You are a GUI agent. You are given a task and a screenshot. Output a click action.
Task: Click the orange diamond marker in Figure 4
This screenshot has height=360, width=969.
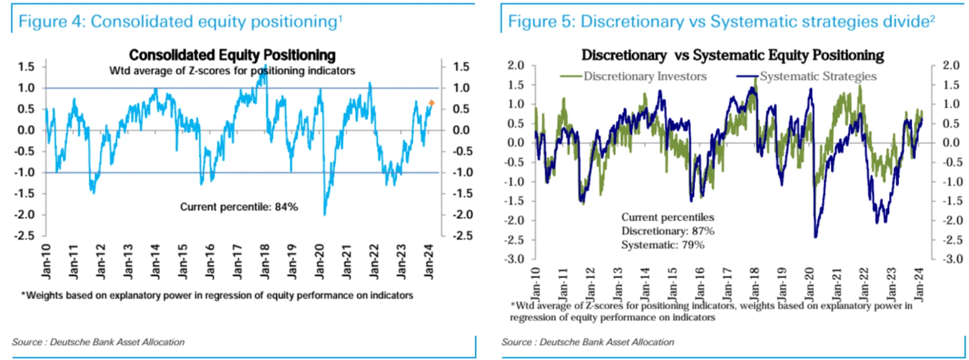pos(431,103)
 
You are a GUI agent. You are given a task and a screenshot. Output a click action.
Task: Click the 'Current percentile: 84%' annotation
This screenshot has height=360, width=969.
pos(239,207)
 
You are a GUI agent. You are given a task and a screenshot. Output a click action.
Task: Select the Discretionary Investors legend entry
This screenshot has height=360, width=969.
pos(645,76)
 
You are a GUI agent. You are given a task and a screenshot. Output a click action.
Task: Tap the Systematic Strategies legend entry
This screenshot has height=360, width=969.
pos(818,76)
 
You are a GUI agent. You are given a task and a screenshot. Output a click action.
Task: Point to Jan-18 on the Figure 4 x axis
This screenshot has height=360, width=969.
pos(265,261)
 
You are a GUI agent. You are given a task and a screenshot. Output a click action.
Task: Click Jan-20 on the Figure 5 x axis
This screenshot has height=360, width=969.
pos(809,284)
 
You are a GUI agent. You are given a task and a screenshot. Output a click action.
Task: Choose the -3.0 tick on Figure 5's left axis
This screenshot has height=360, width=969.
pos(514,259)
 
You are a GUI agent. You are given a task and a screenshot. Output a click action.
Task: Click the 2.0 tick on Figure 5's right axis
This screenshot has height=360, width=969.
pos(951,65)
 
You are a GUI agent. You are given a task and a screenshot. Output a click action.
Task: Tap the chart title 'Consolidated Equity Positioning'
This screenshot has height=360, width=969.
pos(232,55)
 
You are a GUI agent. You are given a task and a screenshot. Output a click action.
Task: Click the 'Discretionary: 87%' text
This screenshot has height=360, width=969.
pos(668,231)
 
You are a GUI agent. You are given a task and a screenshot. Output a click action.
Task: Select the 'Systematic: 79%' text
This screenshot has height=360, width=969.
pos(663,245)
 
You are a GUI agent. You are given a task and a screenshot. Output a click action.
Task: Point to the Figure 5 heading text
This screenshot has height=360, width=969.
pos(721,21)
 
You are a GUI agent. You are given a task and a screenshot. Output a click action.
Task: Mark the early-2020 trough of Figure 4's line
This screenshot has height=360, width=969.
pos(324,214)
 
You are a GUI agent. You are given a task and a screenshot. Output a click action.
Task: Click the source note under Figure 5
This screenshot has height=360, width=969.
pos(588,342)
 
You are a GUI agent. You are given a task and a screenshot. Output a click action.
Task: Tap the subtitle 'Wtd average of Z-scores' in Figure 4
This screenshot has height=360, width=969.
pos(232,71)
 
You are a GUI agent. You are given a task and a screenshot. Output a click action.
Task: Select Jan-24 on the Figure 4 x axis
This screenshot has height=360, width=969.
pos(429,261)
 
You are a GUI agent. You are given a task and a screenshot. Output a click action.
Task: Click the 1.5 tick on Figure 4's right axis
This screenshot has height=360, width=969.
pos(461,66)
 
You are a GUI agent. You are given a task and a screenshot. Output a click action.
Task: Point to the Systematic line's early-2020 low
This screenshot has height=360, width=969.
pos(815,236)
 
